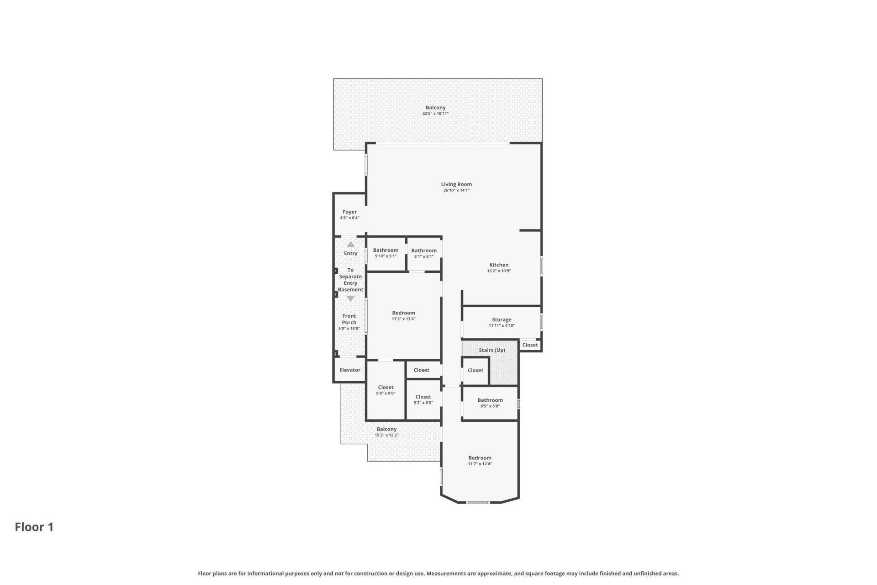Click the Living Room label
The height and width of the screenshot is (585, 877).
click(456, 184)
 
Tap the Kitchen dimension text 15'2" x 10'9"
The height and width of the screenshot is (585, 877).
click(499, 271)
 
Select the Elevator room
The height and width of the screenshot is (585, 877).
click(350, 370)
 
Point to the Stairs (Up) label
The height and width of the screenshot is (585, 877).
click(492, 350)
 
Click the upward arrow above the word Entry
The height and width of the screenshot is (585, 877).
click(350, 245)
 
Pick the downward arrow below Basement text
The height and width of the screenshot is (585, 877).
click(350, 298)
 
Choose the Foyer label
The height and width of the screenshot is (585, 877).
click(349, 212)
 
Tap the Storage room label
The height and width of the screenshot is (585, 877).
click(502, 320)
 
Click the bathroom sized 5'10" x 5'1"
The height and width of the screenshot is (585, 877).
click(386, 253)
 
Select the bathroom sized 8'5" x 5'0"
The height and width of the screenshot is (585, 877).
click(490, 403)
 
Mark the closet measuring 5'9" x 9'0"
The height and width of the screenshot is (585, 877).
click(386, 390)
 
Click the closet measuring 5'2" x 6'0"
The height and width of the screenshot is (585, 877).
click(423, 399)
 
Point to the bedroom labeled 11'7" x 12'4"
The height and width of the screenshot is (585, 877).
click(480, 460)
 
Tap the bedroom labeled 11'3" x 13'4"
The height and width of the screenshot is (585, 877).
click(403, 316)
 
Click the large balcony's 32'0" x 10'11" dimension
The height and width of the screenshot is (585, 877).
click(435, 113)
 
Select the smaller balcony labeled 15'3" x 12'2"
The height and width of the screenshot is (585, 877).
click(386, 432)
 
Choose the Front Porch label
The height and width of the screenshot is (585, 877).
click(349, 319)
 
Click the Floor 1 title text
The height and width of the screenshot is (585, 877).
click(34, 527)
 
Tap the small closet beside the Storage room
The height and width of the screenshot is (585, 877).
click(530, 345)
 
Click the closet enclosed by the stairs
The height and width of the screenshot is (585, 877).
click(475, 371)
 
